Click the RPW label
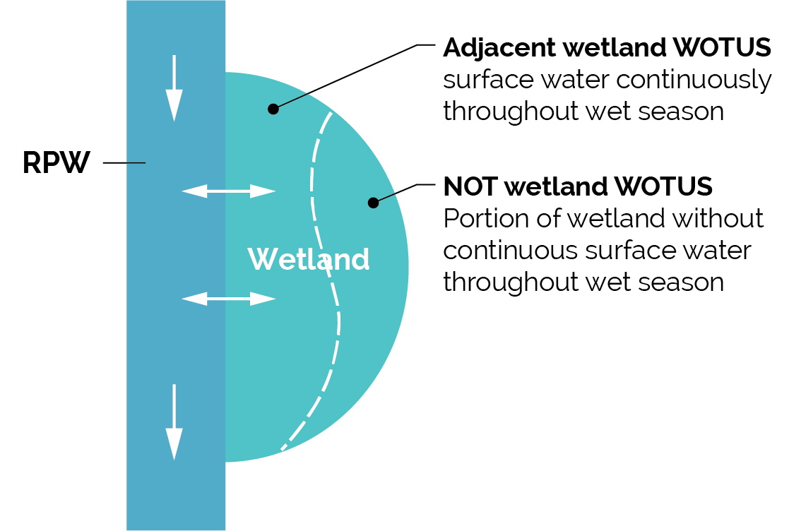[57, 163]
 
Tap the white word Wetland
[308, 260]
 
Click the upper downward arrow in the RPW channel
[174, 88]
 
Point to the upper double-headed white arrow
[228, 190]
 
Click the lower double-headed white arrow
[228, 299]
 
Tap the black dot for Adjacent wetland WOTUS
[273, 109]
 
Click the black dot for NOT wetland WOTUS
[373, 203]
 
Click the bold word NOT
[471, 187]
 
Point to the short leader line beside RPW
[124, 163]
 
